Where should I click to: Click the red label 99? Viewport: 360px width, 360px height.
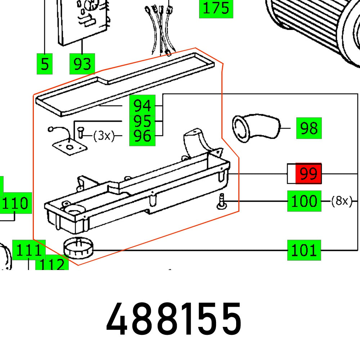[x=308, y=174]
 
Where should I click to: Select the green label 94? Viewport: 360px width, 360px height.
[x=142, y=106]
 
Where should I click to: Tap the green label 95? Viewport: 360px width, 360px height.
[x=142, y=121]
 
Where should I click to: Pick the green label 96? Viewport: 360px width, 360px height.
[x=142, y=136]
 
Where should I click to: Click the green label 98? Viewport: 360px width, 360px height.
[x=309, y=128]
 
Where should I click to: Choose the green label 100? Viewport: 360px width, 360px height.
[x=304, y=201]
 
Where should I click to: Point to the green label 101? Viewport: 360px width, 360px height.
[x=304, y=250]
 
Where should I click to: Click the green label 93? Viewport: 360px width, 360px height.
[x=82, y=64]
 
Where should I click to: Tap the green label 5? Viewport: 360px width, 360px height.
[x=45, y=64]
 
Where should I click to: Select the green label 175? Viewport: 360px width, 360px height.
[x=216, y=8]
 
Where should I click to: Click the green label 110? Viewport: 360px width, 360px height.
[x=16, y=203]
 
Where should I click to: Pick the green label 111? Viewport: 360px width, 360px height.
[x=29, y=249]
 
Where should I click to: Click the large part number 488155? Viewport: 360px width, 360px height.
[x=174, y=319]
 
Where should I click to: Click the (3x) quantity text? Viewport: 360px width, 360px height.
[x=104, y=136]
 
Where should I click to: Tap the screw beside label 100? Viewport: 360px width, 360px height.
[x=222, y=201]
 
